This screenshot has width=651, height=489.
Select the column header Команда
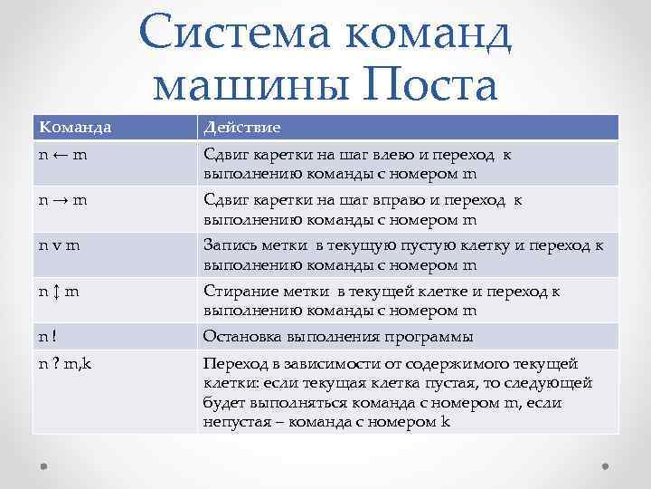pyautogui.click(x=75, y=127)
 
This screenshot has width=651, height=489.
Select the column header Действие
pyautogui.click(x=242, y=127)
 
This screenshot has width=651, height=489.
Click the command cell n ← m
pyautogui.click(x=63, y=155)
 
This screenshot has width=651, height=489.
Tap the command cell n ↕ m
pyautogui.click(x=61, y=292)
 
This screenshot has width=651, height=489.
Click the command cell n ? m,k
pyautogui.click(x=70, y=365)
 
